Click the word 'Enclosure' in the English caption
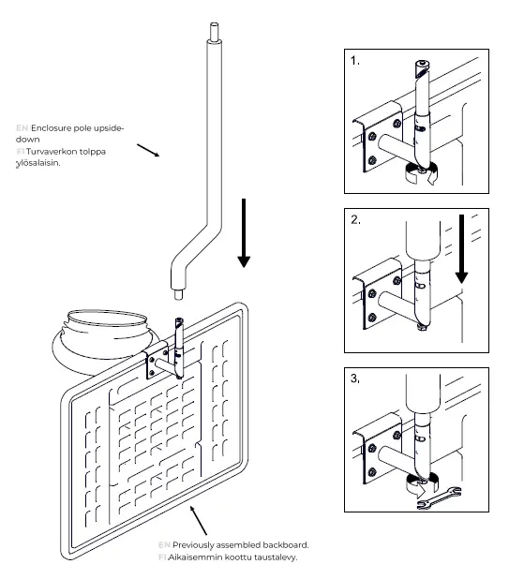pos(52,126)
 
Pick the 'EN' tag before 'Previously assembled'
pos(164,545)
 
